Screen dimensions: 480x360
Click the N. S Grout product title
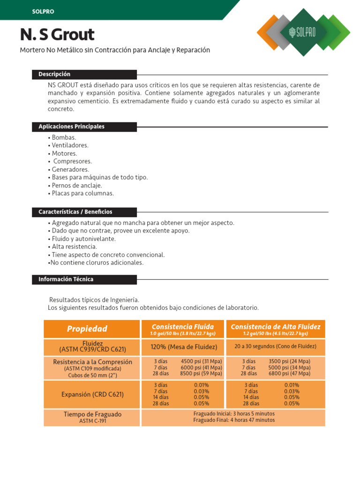coord(57,34)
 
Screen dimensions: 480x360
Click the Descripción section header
coord(54,74)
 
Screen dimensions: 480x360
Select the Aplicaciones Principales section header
coord(71,127)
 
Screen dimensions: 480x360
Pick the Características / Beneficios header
coord(75,212)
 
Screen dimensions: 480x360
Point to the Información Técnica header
coord(66,279)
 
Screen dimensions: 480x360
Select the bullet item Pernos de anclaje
coord(75,185)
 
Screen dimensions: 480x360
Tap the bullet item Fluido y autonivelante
coord(82,239)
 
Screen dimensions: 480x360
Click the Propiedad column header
coord(87,329)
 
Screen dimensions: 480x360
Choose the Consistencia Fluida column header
coord(183,327)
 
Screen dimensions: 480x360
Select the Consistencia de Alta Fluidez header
coord(276,327)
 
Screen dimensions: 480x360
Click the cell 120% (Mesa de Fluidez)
coord(184,347)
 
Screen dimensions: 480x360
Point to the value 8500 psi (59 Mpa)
coord(201,374)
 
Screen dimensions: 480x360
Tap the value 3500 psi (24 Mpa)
coord(289,361)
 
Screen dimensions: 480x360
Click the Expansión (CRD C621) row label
coord(92,394)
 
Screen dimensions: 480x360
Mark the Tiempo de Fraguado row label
coord(92,414)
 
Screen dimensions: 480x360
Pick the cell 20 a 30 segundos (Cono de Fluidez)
coord(276,346)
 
